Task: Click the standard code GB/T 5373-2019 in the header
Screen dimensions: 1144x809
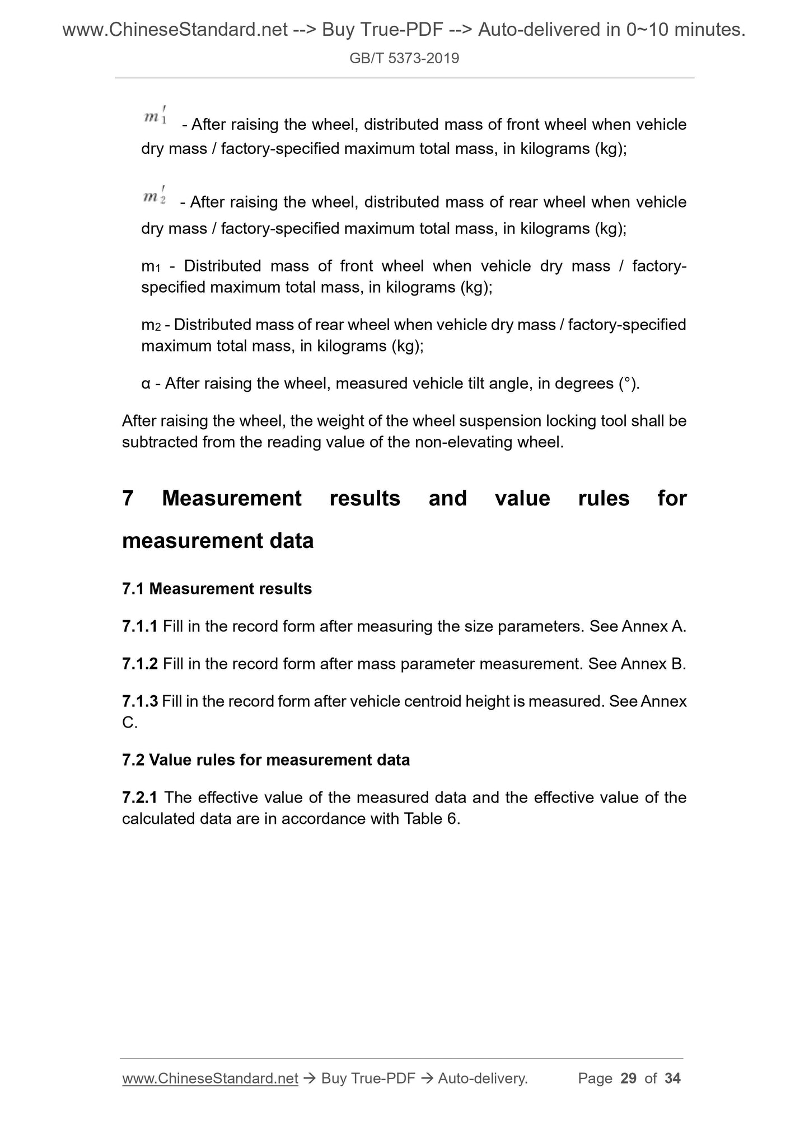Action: [404, 58]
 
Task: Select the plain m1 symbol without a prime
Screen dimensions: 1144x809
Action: [151, 266]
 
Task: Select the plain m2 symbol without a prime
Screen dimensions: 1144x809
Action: [151, 325]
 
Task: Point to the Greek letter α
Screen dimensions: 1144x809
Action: [146, 384]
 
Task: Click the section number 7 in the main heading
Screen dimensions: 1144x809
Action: [128, 498]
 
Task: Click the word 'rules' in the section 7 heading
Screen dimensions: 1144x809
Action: [604, 498]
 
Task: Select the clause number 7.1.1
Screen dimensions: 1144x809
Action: [139, 626]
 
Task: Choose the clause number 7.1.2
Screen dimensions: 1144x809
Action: [139, 664]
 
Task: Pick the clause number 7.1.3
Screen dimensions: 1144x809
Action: [139, 701]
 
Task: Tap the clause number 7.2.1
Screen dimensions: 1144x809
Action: [139, 797]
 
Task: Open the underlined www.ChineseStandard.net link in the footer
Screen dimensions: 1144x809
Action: [210, 1078]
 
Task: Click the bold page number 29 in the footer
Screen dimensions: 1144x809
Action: [629, 1078]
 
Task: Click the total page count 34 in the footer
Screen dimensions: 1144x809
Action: [672, 1078]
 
